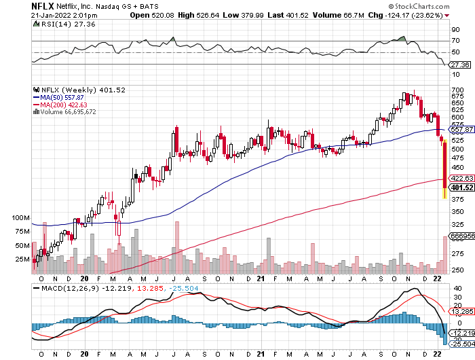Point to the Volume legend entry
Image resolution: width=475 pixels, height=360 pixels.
click(x=73, y=112)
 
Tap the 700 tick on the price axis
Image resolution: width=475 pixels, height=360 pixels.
click(x=457, y=90)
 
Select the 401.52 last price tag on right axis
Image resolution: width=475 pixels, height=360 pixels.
click(x=461, y=187)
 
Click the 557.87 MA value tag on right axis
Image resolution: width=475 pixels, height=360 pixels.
click(x=461, y=129)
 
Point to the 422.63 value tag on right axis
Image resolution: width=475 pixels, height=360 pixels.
click(x=461, y=178)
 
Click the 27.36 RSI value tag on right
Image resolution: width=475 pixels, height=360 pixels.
click(x=461, y=65)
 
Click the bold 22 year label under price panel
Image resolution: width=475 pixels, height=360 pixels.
click(x=438, y=278)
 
